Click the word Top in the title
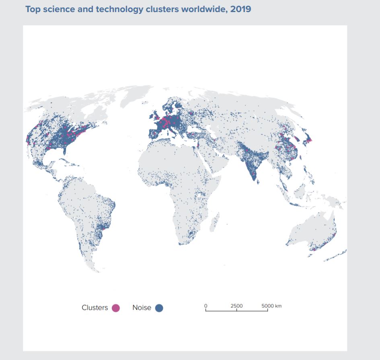click(33, 9)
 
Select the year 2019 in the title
click(241, 9)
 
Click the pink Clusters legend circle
click(116, 308)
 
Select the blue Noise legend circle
click(159, 308)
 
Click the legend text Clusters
click(94, 308)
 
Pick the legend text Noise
click(142, 308)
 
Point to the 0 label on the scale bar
click(205, 306)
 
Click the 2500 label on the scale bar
click(236, 306)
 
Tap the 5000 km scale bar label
click(271, 306)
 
